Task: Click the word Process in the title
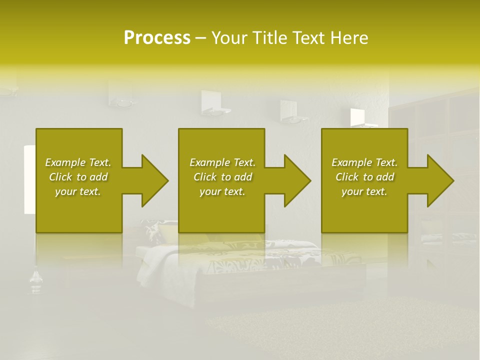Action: pos(157,37)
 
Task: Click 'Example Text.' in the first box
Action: pos(78,162)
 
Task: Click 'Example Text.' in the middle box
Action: pos(222,162)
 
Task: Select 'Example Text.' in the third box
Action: pos(364,162)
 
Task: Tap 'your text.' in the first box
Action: pos(78,191)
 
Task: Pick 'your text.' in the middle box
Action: pos(222,191)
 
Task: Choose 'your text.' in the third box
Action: pos(364,191)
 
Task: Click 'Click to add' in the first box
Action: pos(78,177)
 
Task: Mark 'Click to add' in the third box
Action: pos(364,177)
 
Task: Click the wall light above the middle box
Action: pos(215,102)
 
